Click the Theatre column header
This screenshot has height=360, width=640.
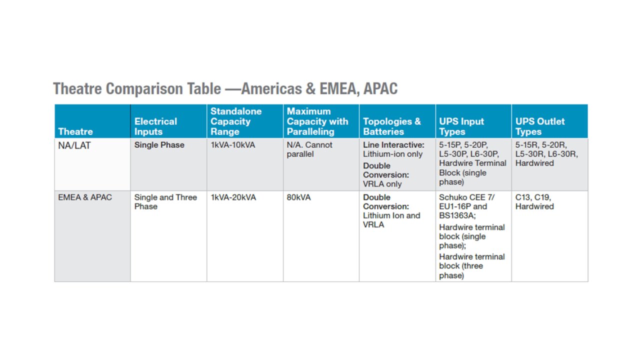tap(75, 131)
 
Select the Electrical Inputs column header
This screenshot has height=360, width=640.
tap(155, 126)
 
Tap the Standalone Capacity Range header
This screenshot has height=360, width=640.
tap(235, 121)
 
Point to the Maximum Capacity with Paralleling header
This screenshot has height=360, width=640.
tap(317, 121)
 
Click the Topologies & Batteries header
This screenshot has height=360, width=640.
tap(391, 126)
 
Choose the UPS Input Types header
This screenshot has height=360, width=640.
tap(461, 126)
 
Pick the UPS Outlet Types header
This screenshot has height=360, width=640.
tap(540, 126)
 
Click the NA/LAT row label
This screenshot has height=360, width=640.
tap(74, 145)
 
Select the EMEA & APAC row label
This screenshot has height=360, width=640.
tap(85, 197)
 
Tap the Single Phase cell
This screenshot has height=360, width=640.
tap(159, 145)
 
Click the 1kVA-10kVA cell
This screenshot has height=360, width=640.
tap(232, 145)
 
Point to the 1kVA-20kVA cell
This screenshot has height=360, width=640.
tap(233, 197)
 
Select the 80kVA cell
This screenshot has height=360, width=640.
tap(298, 197)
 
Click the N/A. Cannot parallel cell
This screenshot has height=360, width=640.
tap(309, 149)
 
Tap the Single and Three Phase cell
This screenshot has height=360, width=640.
tap(165, 201)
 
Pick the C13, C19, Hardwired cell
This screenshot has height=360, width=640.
tap(534, 201)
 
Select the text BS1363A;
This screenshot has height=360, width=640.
tap(457, 215)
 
